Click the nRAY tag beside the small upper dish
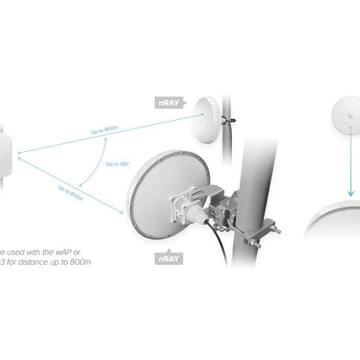[x=167, y=103]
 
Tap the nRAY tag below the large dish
[x=167, y=259]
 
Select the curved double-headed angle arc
[x=93, y=162]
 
